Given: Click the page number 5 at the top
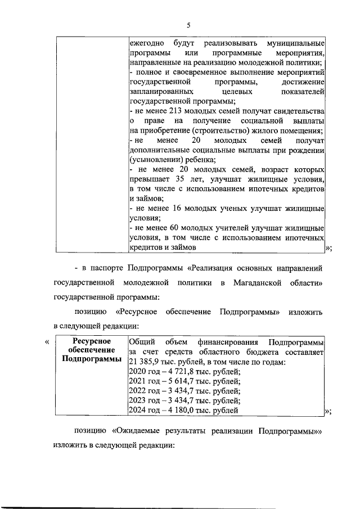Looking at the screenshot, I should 188,24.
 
